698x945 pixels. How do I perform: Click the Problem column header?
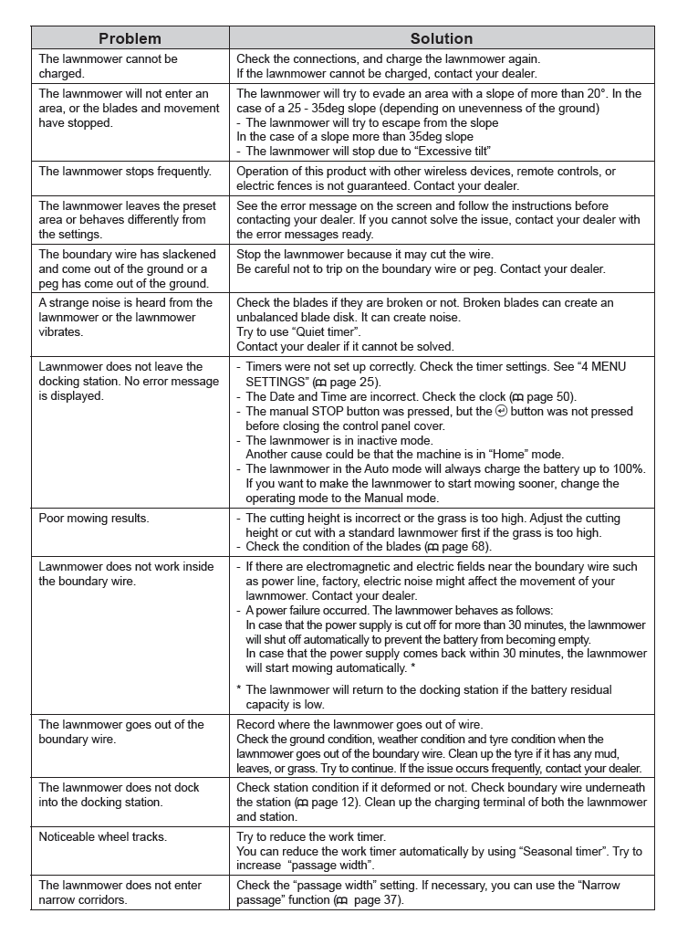(130, 38)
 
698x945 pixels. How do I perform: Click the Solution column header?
(442, 38)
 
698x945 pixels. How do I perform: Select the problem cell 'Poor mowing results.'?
(94, 519)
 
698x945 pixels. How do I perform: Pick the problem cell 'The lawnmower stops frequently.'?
(125, 172)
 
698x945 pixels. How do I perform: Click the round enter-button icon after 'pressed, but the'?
(500, 411)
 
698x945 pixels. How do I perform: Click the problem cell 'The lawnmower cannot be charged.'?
(109, 67)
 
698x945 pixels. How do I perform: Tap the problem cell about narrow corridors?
(120, 893)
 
